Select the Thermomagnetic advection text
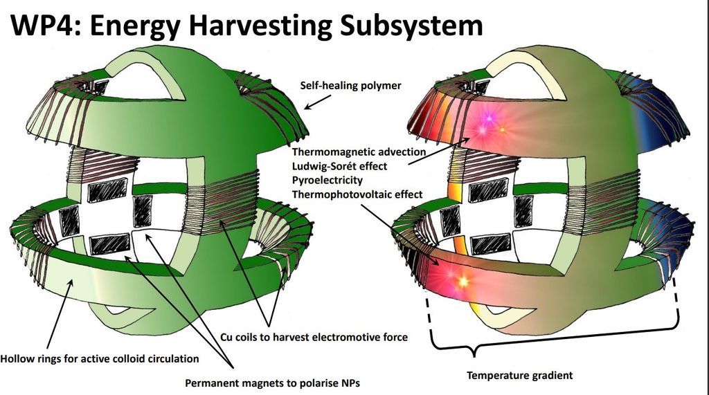[359, 151]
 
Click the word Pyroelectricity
[327, 181]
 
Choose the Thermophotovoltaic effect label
[357, 195]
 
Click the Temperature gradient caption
[519, 376]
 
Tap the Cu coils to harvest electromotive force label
[314, 338]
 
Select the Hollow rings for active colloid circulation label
[100, 359]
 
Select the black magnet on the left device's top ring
[101, 87]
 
